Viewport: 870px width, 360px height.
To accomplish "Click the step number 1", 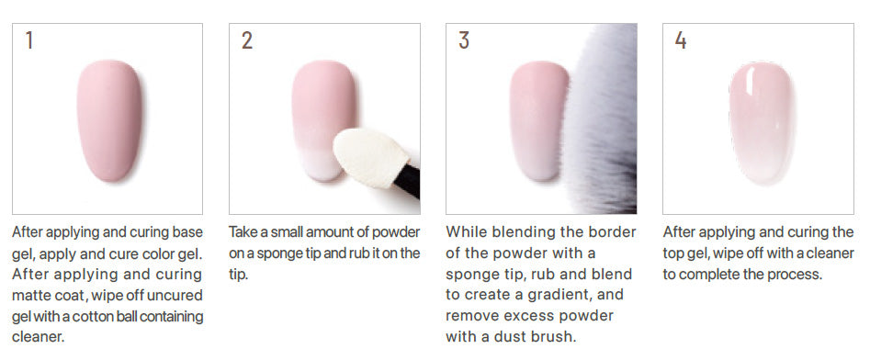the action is pyautogui.click(x=28, y=39).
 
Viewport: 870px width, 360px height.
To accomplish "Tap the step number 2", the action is pyautogui.click(x=247, y=39).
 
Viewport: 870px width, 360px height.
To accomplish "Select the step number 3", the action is pyautogui.click(x=464, y=39).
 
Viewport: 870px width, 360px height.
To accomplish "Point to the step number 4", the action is pyautogui.click(x=681, y=39).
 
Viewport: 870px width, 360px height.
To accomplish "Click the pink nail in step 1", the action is pyautogui.click(x=109, y=120).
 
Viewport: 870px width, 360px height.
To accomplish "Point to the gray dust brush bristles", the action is pyautogui.click(x=602, y=119).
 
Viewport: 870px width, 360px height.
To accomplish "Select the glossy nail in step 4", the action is pyautogui.click(x=760, y=122).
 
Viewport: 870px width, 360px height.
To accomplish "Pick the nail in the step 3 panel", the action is pyautogui.click(x=537, y=120).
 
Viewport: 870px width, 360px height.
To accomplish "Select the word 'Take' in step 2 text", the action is pyautogui.click(x=241, y=231).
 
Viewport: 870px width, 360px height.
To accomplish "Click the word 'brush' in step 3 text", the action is pyautogui.click(x=555, y=337).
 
